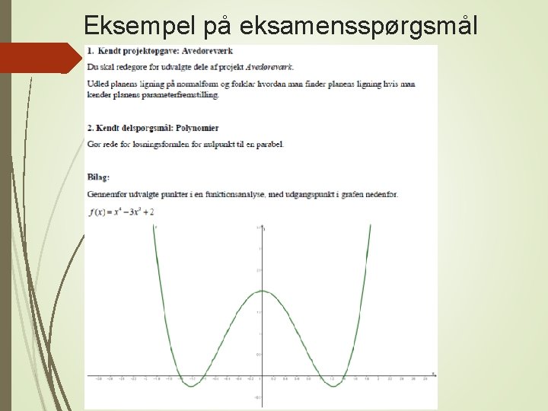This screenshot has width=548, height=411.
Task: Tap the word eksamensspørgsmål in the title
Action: click(358, 25)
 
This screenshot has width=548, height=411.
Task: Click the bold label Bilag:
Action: click(98, 177)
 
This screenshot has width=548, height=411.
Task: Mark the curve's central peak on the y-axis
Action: click(261, 291)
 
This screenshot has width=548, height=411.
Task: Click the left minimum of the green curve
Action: click(190, 386)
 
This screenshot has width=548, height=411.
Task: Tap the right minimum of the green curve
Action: click(333, 386)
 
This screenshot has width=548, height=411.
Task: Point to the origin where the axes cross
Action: click(261, 375)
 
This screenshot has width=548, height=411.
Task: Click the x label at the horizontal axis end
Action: click(433, 373)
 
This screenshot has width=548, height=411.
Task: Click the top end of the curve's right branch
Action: click(370, 225)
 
